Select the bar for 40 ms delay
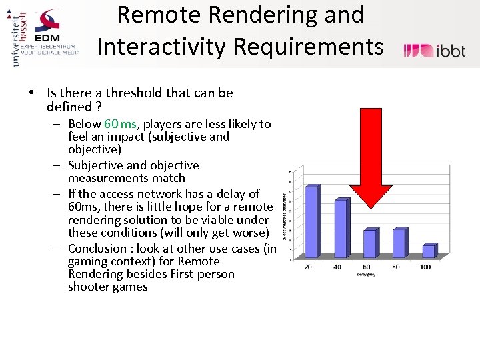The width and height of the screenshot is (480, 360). tap(341, 227)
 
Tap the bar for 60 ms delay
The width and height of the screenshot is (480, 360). tap(369, 243)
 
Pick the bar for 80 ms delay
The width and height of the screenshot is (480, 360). tap(399, 242)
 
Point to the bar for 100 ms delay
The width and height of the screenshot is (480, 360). tap(428, 251)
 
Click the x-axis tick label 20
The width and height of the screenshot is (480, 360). tap(309, 267)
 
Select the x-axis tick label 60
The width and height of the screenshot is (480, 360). tap(367, 267)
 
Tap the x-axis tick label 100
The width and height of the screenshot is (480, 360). tap(425, 267)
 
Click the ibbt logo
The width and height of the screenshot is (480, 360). tap(435, 51)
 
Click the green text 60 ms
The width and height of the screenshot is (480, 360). tap(120, 123)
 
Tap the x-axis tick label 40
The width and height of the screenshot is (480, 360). tap(338, 267)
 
